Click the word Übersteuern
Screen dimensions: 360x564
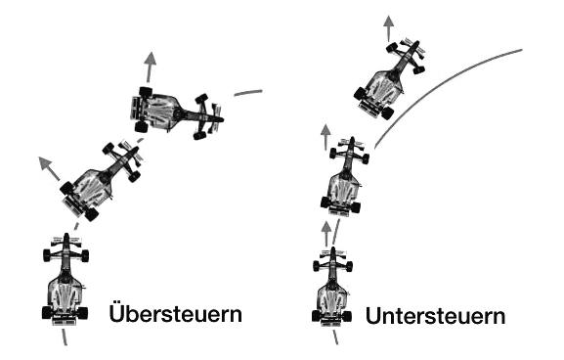pyautogui.click(x=176, y=314)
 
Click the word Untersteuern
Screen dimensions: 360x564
pyautogui.click(x=436, y=317)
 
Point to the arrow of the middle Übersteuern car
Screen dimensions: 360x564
pyautogui.click(x=48, y=167)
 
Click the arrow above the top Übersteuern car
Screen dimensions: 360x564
pyautogui.click(x=151, y=69)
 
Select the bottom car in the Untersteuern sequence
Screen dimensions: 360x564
pyautogui.click(x=332, y=290)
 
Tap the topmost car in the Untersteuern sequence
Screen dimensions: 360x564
pyautogui.click(x=390, y=79)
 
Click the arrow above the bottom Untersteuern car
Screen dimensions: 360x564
pyautogui.click(x=326, y=233)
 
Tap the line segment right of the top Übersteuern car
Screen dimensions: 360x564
pyautogui.click(x=248, y=93)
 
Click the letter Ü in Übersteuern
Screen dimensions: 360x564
pyautogui.click(x=119, y=314)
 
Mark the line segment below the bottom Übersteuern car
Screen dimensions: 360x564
pyautogui.click(x=65, y=337)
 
